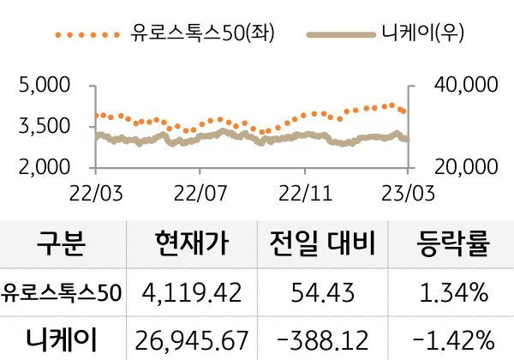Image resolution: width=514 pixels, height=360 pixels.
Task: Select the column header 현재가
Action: (x=193, y=245)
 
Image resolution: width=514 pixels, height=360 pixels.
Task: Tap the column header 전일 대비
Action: (x=324, y=245)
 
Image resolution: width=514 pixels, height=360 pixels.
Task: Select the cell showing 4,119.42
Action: (x=193, y=293)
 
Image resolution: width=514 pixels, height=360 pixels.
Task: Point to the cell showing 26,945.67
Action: (x=193, y=339)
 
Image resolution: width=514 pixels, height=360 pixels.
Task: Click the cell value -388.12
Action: (x=324, y=339)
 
